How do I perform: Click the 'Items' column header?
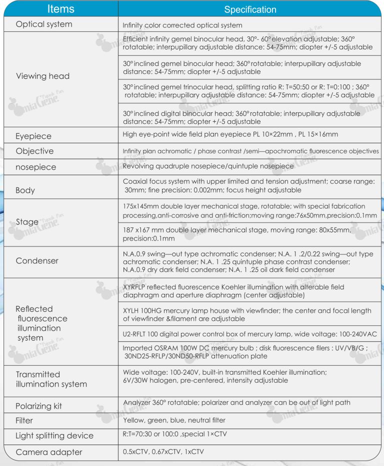click(x=60, y=9)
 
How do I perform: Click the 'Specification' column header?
click(x=250, y=9)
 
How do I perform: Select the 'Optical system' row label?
click(x=44, y=24)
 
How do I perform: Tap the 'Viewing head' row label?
click(x=43, y=76)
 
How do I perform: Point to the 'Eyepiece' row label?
click(x=33, y=136)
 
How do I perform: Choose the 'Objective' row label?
click(x=34, y=151)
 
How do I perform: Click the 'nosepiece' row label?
click(x=36, y=167)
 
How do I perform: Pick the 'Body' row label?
click(x=25, y=190)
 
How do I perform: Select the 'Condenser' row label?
click(x=37, y=260)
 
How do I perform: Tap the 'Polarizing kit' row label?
click(x=39, y=406)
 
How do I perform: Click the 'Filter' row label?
click(x=24, y=421)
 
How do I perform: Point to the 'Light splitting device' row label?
click(x=54, y=436)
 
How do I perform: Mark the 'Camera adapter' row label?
click(x=49, y=452)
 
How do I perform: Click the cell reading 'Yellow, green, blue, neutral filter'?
click(x=174, y=420)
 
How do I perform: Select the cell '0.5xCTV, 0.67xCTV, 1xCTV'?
click(x=163, y=451)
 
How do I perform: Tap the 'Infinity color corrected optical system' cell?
click(x=182, y=25)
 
